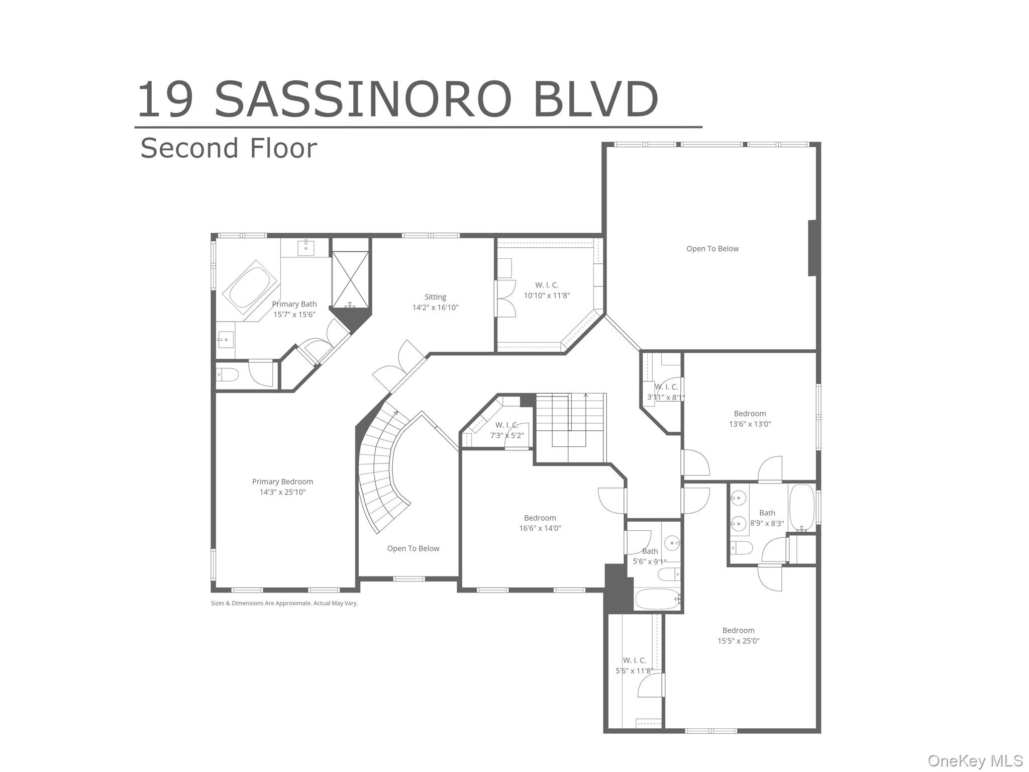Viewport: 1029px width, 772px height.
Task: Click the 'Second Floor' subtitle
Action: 229,148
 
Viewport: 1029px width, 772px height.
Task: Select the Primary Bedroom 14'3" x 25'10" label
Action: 282,487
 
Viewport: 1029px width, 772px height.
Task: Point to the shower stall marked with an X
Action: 350,279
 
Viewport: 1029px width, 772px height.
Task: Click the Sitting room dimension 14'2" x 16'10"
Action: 435,308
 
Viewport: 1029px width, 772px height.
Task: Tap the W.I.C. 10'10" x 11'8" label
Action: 547,291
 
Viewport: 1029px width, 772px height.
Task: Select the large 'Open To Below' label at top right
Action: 712,249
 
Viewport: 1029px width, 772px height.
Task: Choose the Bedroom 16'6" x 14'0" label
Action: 540,523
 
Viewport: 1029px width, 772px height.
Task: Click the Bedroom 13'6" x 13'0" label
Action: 750,419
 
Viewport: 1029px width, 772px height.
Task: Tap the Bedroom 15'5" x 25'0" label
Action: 738,635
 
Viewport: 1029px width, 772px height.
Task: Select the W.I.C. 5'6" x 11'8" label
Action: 634,665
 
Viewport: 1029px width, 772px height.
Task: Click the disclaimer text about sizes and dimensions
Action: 284,603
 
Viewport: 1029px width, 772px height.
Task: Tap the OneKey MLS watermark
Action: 975,760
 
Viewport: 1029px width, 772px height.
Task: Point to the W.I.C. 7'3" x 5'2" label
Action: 506,430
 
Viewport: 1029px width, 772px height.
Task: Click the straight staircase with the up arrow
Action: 570,422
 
